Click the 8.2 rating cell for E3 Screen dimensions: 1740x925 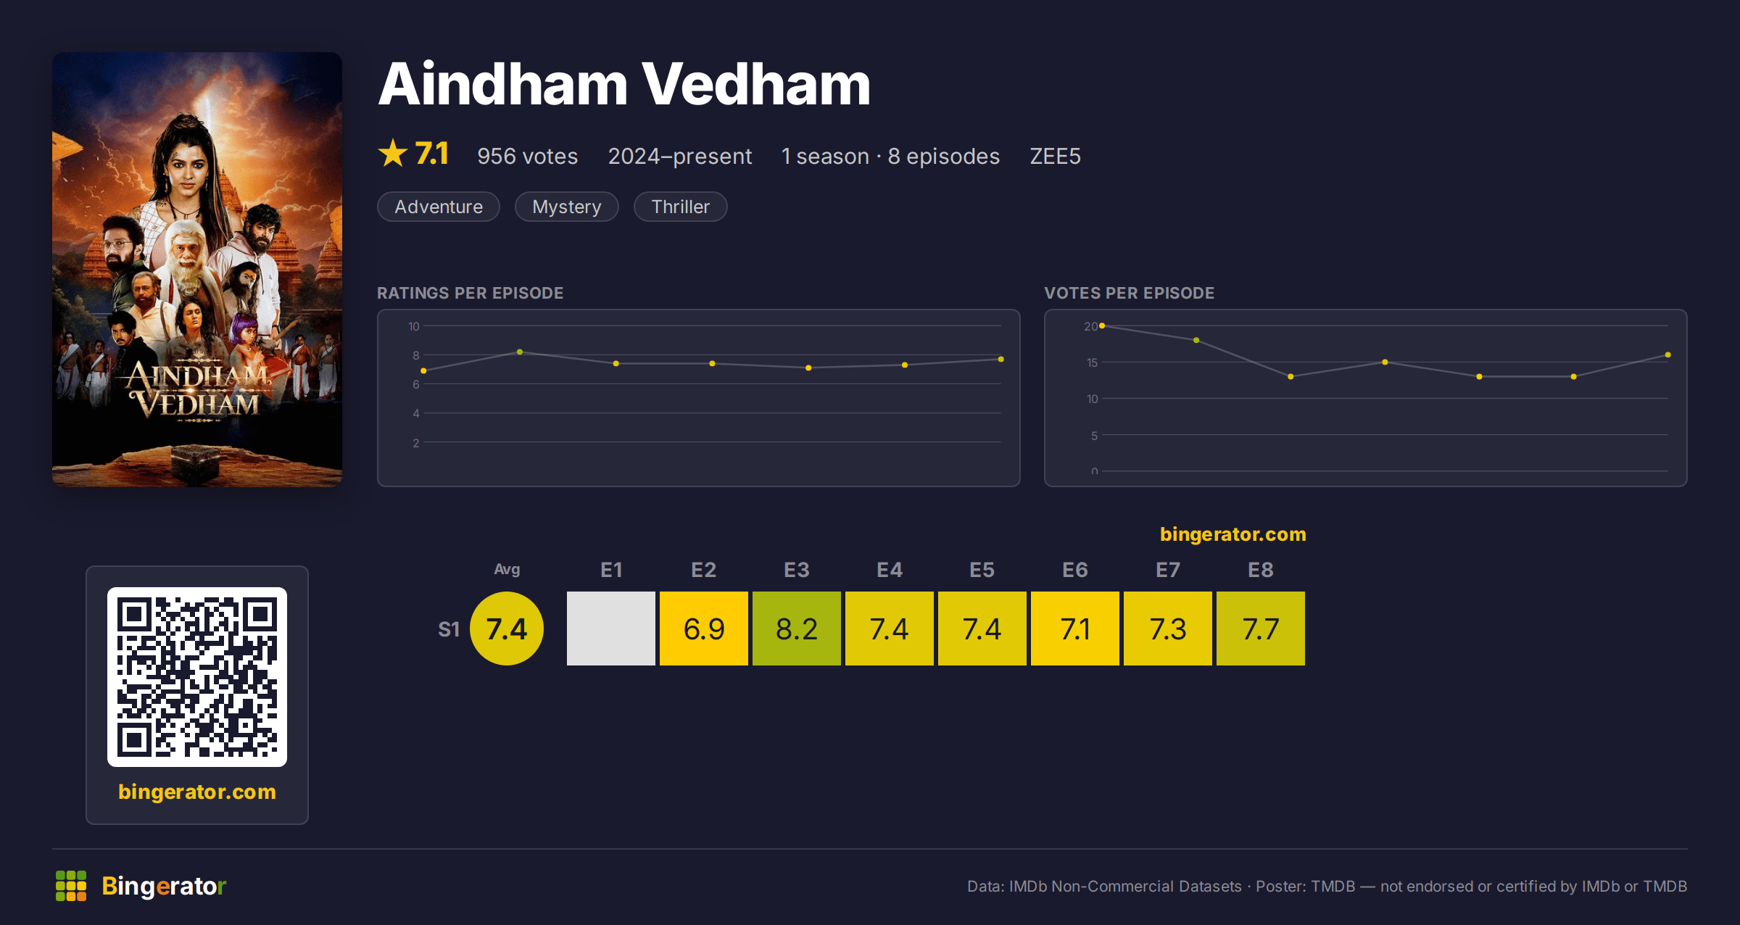point(796,629)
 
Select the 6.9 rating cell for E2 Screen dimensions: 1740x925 point(703,629)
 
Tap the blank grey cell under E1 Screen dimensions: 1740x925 point(610,629)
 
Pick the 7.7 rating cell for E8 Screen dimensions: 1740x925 point(1260,629)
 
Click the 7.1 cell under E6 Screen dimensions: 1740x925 point(1074,629)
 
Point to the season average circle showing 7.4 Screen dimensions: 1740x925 point(507,629)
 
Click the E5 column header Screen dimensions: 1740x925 point(982,570)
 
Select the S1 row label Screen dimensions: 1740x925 point(449,629)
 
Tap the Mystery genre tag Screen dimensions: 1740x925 point(567,207)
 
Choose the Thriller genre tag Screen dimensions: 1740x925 point(680,207)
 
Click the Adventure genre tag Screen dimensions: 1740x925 point(439,207)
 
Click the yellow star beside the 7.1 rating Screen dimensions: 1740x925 point(393,153)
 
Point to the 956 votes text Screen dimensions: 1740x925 point(527,156)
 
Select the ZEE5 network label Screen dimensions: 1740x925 point(1055,156)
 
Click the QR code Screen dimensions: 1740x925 point(197,677)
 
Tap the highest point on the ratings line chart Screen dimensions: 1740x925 point(520,352)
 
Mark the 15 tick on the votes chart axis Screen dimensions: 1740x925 point(1092,362)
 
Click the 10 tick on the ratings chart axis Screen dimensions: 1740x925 point(413,326)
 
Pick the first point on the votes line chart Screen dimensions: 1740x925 point(1102,326)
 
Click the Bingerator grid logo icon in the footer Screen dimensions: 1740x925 point(71,886)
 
